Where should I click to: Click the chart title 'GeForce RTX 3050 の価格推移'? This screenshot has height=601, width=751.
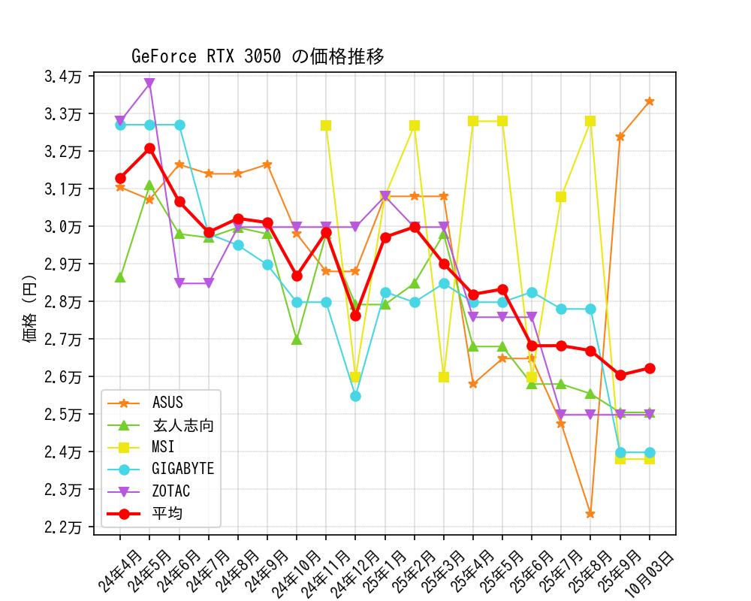click(258, 56)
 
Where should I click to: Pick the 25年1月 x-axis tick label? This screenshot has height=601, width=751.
click(381, 572)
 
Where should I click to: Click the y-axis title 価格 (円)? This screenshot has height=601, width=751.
click(31, 304)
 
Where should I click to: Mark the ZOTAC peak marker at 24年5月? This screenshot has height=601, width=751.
click(149, 83)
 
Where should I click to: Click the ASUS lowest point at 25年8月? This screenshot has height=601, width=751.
click(590, 515)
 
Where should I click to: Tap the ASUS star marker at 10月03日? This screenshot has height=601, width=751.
click(650, 101)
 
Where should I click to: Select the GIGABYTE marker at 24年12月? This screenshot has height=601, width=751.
click(355, 396)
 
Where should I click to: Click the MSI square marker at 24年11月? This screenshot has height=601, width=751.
click(326, 125)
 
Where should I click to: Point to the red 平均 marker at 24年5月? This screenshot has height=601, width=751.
click(149, 149)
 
